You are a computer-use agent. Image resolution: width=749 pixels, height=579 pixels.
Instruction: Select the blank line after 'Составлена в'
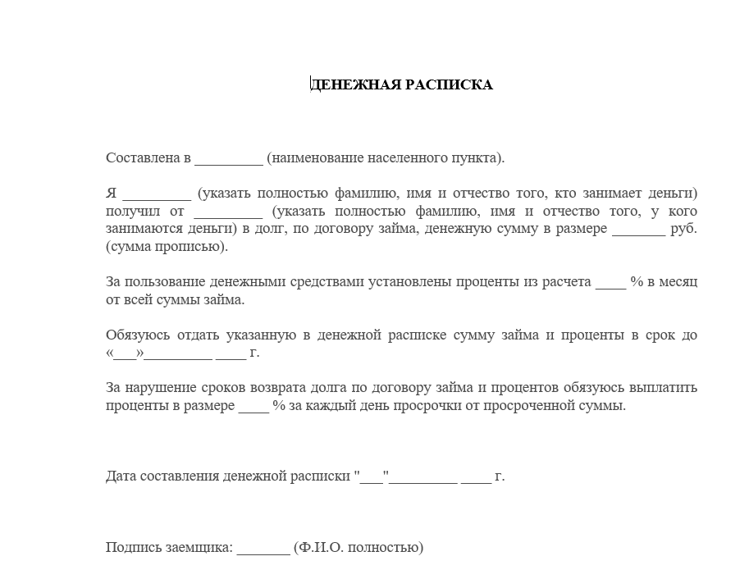(229, 158)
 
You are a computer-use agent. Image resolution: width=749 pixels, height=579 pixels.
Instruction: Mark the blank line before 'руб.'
(639, 229)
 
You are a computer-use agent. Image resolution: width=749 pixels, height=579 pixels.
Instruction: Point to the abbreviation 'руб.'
(684, 229)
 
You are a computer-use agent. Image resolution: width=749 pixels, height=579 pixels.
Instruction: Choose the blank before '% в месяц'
(610, 282)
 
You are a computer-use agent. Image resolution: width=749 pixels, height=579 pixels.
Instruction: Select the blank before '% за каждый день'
(253, 406)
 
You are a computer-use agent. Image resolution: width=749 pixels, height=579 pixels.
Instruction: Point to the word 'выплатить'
(668, 388)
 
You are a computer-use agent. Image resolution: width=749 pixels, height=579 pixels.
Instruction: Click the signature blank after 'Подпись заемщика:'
(263, 548)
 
